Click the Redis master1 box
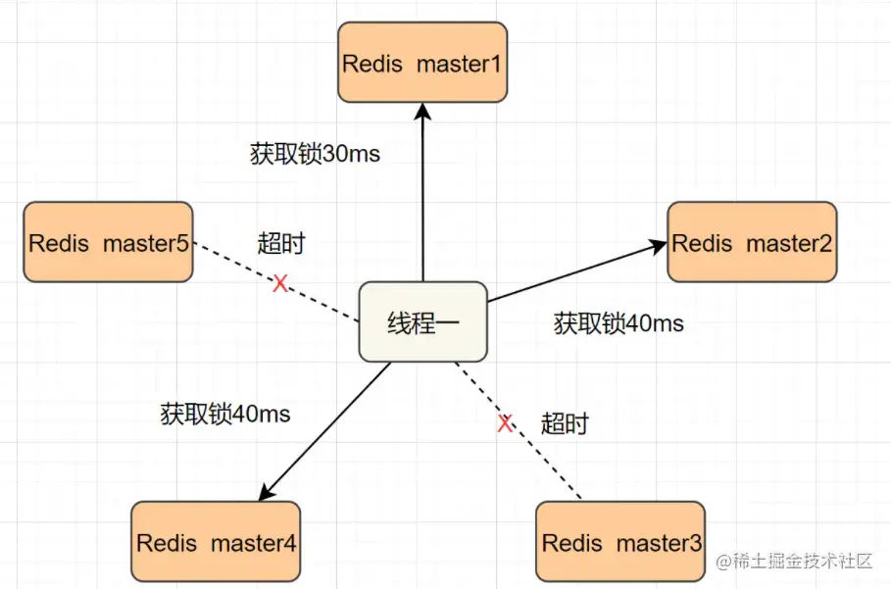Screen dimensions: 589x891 click(422, 64)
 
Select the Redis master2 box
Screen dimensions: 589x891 click(752, 242)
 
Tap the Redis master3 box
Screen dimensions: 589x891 click(620, 541)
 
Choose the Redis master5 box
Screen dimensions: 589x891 click(108, 242)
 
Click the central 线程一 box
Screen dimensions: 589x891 click(422, 322)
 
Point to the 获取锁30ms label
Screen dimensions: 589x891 click(315, 154)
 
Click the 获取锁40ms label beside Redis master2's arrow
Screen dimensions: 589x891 click(619, 323)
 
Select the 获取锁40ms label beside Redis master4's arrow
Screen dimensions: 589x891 click(225, 414)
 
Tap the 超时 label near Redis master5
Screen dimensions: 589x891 click(281, 244)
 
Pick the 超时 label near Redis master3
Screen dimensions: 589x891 click(565, 423)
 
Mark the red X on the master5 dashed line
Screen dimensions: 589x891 click(280, 283)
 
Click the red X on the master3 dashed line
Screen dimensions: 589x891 click(505, 423)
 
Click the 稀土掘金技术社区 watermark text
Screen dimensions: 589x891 click(801, 561)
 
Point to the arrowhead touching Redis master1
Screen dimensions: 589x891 click(422, 112)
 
